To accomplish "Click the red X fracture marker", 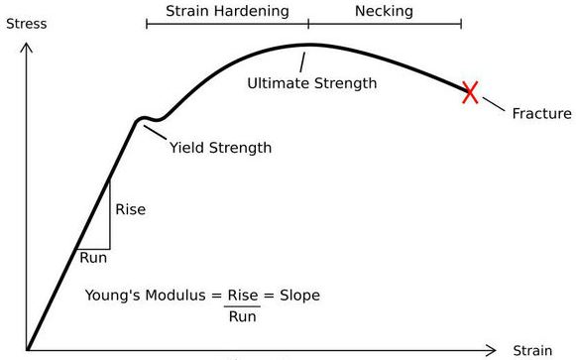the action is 470,92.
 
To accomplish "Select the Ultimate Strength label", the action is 311,83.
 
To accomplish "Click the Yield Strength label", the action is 220,148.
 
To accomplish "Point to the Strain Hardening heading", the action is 227,12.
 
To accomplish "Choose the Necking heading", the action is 383,12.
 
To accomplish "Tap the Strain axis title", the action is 531,351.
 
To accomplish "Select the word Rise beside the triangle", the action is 131,209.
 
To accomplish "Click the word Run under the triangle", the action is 93,258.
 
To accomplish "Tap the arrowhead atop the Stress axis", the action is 28,45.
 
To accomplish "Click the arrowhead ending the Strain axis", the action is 493,349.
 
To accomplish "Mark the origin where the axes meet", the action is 28,349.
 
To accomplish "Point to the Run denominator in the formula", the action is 242,316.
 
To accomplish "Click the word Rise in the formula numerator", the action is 243,296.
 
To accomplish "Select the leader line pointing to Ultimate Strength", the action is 303,60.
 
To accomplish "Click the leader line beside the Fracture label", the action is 492,104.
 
